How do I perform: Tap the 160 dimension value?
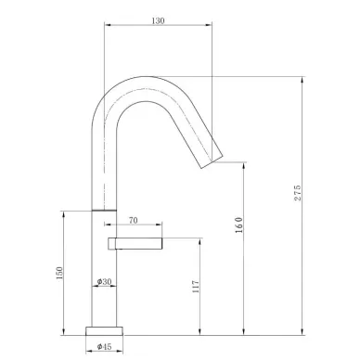(238, 227)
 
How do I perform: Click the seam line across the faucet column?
(105, 210)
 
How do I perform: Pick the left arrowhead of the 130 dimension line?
(108, 26)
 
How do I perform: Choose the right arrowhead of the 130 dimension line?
(211, 26)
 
